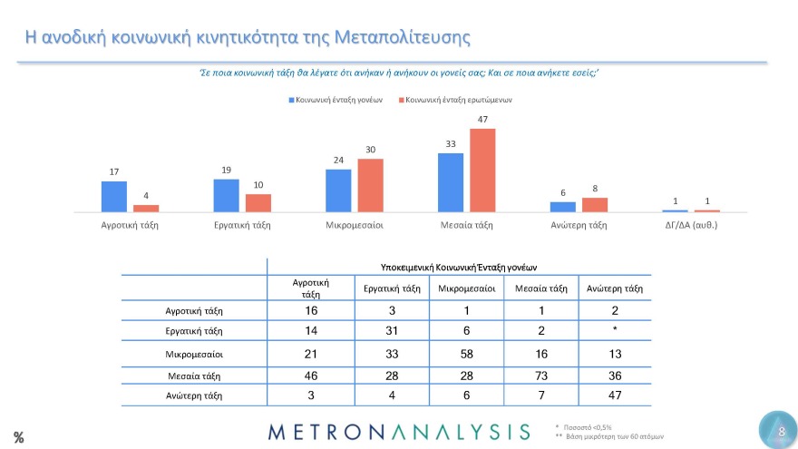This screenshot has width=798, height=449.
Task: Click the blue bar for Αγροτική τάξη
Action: click(114, 197)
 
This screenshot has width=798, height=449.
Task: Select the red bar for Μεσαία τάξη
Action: click(482, 171)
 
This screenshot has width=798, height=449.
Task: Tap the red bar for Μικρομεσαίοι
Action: click(371, 186)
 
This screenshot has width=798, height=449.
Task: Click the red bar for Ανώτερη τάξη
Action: click(595, 205)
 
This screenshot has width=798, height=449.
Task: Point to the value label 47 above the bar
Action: click(482, 120)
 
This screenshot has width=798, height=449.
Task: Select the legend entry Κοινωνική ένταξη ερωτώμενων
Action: click(454, 101)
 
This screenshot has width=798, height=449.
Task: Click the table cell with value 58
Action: click(466, 353)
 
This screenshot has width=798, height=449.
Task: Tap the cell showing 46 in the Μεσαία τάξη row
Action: click(310, 375)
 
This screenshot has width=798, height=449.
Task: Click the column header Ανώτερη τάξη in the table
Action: click(615, 289)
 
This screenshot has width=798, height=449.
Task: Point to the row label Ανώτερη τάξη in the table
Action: click(193, 395)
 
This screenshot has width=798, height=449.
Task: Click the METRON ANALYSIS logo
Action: click(398, 431)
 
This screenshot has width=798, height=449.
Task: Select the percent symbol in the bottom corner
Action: click(18, 437)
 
